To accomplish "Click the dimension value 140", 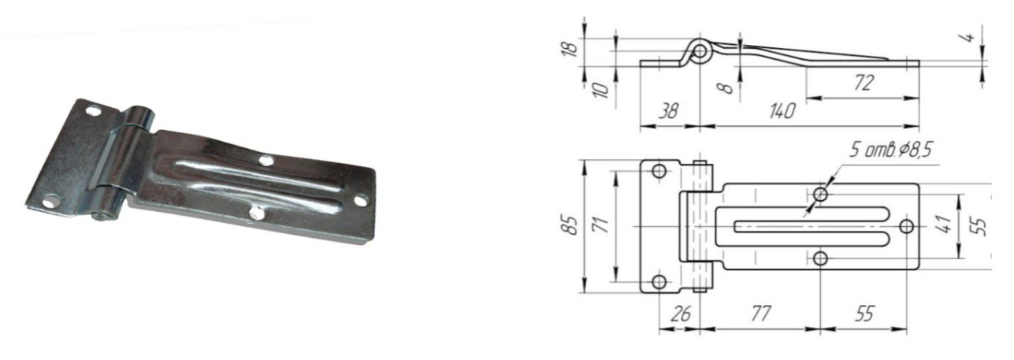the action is [x=782, y=111].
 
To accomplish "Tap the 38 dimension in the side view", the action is [x=668, y=111].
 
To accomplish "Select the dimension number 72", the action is [x=864, y=84].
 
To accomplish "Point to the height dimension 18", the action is [x=572, y=48].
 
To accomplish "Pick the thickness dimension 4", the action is [x=968, y=36].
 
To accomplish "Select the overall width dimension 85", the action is [x=572, y=225].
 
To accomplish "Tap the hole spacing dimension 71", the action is [x=603, y=225].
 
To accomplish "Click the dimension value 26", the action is [x=680, y=314].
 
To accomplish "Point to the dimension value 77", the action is [x=760, y=314].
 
